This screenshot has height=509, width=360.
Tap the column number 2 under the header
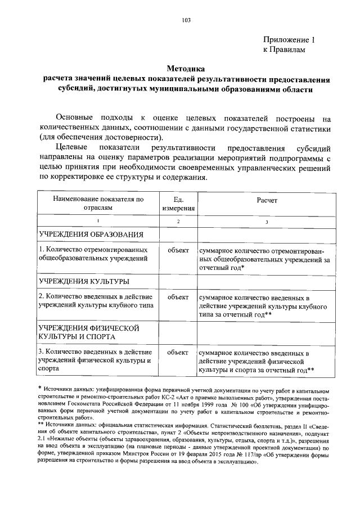click(x=178, y=222)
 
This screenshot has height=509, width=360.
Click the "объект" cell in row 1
click(x=178, y=250)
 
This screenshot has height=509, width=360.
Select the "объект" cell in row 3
click(x=178, y=352)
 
